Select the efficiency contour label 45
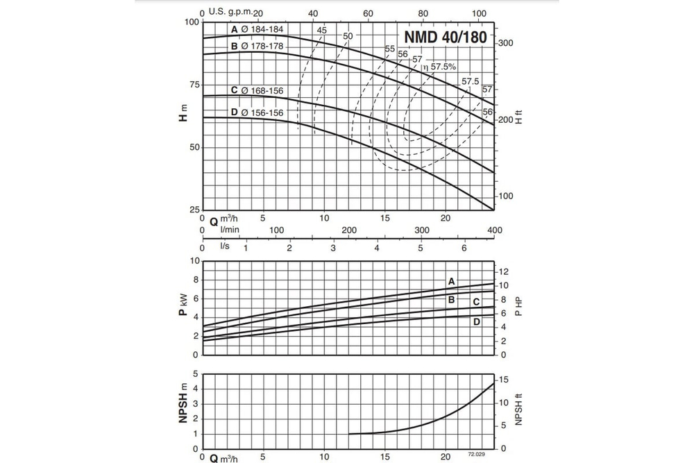point(321,31)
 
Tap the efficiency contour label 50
point(348,36)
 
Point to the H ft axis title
point(518,116)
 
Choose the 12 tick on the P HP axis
point(505,271)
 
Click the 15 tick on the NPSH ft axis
point(505,379)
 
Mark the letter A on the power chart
point(452,281)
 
